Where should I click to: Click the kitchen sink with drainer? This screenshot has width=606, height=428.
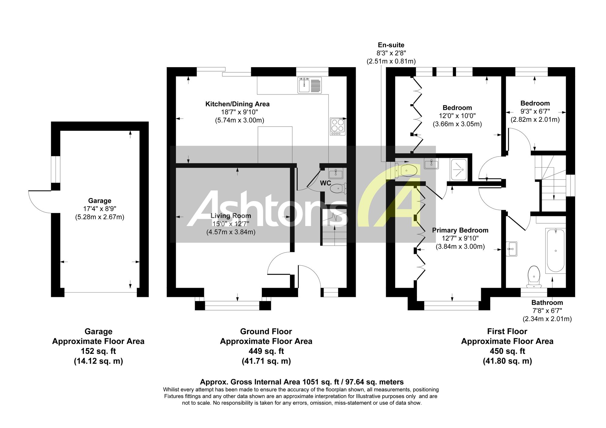(x=309, y=85)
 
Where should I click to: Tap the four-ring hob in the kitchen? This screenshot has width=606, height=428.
(x=338, y=127)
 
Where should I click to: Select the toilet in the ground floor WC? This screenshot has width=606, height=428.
(x=338, y=189)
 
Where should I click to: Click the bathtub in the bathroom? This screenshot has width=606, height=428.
(x=555, y=251)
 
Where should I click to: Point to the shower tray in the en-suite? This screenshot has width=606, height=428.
(x=459, y=169)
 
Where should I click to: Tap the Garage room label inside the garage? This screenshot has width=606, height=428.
(x=100, y=201)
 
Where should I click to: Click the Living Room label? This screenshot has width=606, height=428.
(x=231, y=216)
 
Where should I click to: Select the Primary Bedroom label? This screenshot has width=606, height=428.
(x=460, y=230)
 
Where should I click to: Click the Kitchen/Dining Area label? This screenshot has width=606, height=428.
(x=238, y=104)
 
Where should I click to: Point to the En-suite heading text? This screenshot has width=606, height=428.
(x=391, y=45)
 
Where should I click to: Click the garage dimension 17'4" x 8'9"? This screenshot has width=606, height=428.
(x=100, y=209)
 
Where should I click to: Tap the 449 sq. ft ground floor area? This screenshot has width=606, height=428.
(x=266, y=351)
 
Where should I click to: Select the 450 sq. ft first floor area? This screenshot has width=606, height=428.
(x=507, y=351)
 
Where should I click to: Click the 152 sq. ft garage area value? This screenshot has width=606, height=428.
(x=98, y=351)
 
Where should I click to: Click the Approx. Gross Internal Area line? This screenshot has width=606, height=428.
(x=302, y=382)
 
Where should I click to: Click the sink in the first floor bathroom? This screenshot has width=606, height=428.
(x=511, y=249)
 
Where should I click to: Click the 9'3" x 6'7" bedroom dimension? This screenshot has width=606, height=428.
(x=535, y=111)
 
